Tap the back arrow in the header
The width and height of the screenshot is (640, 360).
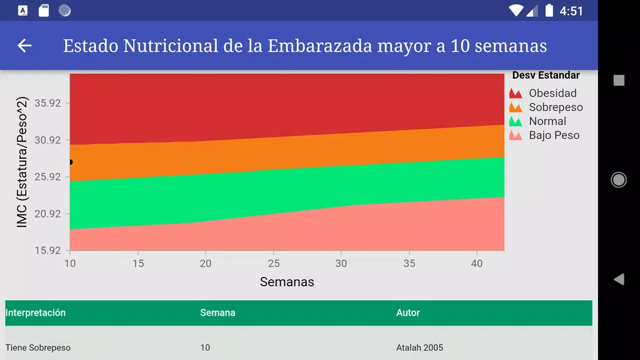(x=24, y=46)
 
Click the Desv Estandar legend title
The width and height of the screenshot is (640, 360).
(x=546, y=76)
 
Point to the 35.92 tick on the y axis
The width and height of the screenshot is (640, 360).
(x=47, y=102)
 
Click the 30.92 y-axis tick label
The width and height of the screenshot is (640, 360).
(x=47, y=139)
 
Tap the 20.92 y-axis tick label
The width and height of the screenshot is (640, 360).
(x=47, y=213)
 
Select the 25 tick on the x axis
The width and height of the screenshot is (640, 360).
(x=274, y=263)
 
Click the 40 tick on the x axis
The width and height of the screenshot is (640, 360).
(x=477, y=263)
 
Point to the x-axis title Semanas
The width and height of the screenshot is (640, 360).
(x=287, y=282)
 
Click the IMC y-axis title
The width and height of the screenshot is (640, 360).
(x=22, y=162)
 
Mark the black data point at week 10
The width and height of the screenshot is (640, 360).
(x=70, y=162)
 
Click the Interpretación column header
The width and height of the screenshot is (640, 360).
(x=36, y=312)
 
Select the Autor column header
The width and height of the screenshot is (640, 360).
(x=408, y=312)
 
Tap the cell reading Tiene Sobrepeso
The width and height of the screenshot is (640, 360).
(x=38, y=347)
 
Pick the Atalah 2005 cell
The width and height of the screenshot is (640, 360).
(x=419, y=347)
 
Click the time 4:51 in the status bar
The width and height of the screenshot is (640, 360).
(x=571, y=11)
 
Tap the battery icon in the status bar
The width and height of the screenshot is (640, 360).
(x=549, y=10)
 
